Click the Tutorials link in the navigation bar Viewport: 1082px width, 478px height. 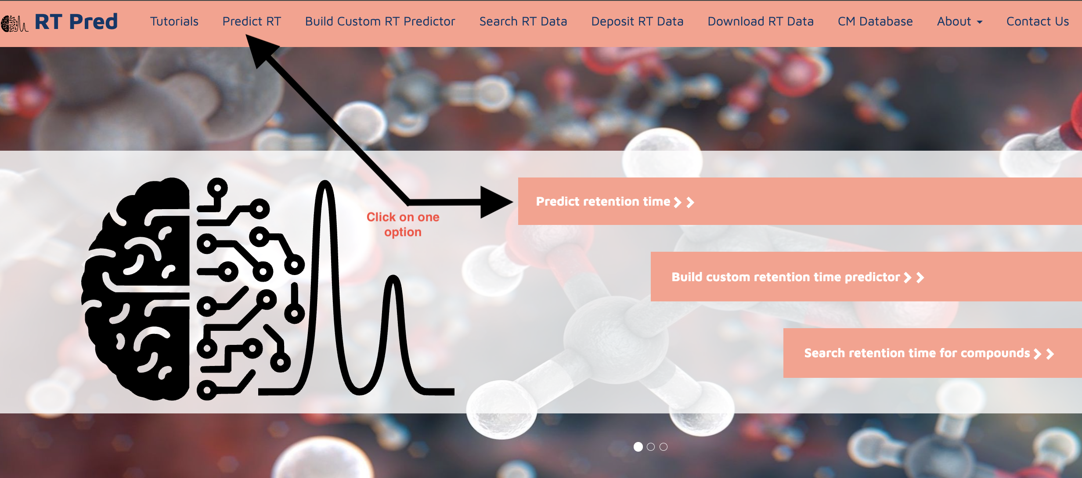pyautogui.click(x=174, y=22)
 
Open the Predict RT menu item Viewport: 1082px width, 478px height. pyautogui.click(x=252, y=22)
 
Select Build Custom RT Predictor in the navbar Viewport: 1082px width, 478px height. pyautogui.click(x=380, y=22)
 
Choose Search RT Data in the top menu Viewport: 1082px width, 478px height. pyautogui.click(x=523, y=22)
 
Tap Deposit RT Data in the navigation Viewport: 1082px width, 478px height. pyautogui.click(x=637, y=22)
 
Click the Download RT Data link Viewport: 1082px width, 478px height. pyautogui.click(x=761, y=22)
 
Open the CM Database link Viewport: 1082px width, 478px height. pyautogui.click(x=875, y=22)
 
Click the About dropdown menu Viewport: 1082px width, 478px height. pyautogui.click(x=959, y=22)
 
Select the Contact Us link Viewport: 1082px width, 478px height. pyautogui.click(x=1038, y=22)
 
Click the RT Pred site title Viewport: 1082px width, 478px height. pyautogui.click(x=76, y=22)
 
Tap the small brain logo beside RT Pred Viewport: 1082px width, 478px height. pyautogui.click(x=14, y=24)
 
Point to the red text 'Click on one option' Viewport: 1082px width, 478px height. pyautogui.click(x=403, y=225)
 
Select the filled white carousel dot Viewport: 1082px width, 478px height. pyautogui.click(x=638, y=447)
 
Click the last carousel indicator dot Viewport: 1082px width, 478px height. pyautogui.click(x=664, y=447)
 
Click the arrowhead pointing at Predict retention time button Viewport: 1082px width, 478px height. pyautogui.click(x=496, y=203)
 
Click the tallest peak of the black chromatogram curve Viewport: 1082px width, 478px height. pyautogui.click(x=325, y=183)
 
